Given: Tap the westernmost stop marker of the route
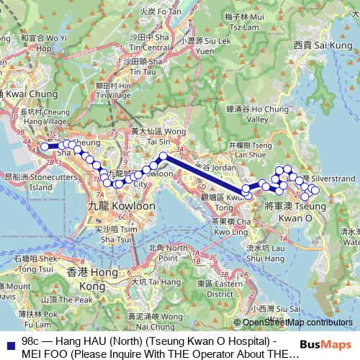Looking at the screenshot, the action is (x=45, y=146).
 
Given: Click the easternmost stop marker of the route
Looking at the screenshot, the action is (x=315, y=190).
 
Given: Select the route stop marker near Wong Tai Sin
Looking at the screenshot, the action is (x=163, y=156).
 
